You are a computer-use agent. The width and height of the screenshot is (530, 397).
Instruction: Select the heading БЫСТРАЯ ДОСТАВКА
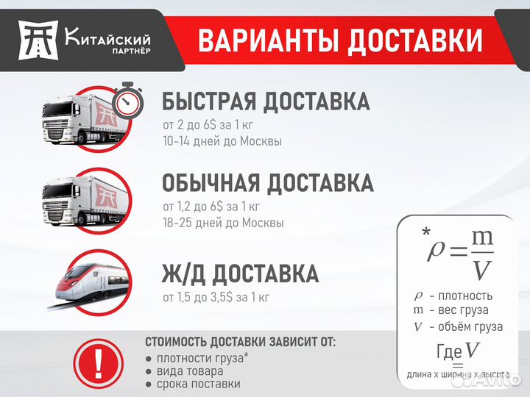266,101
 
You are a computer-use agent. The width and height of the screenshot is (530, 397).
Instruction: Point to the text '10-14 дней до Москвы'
222,140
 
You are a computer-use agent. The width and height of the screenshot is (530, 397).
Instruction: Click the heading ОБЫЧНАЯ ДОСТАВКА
268,182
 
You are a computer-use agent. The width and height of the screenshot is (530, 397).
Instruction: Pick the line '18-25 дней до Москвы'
223,222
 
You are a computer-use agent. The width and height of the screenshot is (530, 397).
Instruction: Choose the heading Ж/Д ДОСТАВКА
241,274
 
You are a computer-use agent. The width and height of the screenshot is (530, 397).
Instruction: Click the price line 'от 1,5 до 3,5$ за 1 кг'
216,298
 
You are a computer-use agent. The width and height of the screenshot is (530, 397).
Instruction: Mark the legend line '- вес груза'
456,310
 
